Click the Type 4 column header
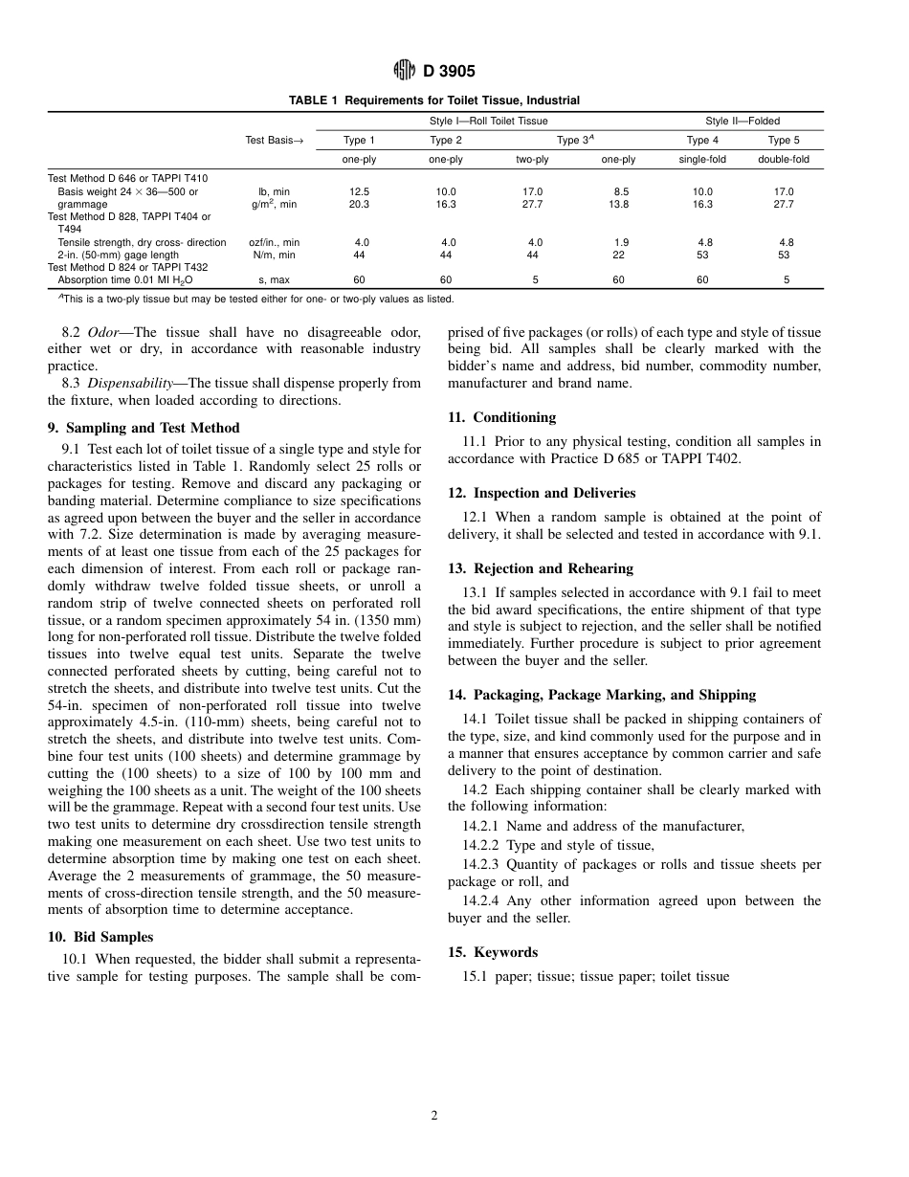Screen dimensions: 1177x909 tap(702, 141)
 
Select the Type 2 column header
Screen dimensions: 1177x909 tap(446, 141)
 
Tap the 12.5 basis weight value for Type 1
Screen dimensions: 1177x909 tap(360, 192)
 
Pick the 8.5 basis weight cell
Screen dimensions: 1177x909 tap(621, 192)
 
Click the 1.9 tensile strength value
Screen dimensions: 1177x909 tap(621, 243)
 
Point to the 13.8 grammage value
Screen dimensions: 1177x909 tap(619, 205)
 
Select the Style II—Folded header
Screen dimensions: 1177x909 tap(743, 122)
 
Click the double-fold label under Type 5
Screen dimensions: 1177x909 tap(784, 160)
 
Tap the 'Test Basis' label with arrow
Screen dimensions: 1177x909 tap(274, 141)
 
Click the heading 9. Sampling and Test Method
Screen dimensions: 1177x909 tap(144, 428)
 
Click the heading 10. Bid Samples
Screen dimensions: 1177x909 tap(100, 937)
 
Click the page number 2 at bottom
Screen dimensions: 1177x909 tap(433, 1115)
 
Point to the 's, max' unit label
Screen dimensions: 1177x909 tap(274, 280)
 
